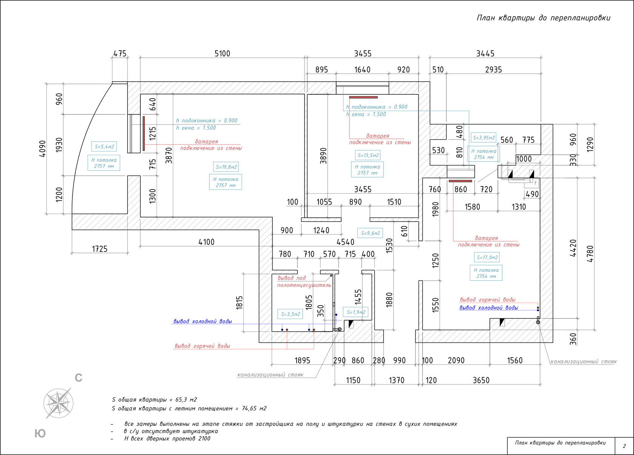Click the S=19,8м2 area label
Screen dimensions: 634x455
[226, 167]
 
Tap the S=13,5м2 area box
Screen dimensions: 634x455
[368, 156]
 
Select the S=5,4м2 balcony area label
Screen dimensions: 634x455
[104, 147]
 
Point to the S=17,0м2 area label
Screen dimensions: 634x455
[487, 258]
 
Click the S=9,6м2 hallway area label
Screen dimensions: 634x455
[370, 233]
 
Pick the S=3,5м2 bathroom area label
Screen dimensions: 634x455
[291, 314]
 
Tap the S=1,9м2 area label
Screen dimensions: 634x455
[356, 312]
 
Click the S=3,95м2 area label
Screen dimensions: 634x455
[484, 137]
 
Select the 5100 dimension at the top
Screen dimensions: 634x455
[222, 54]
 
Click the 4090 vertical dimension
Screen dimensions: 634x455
[42, 149]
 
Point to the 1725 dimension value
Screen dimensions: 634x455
[100, 249]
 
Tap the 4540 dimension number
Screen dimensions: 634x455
[345, 242]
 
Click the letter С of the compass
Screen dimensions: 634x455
[78, 378]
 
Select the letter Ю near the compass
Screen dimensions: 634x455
[40, 433]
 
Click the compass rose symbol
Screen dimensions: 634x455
[58, 403]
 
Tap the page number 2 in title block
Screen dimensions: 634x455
[624, 446]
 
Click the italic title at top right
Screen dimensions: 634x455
[543, 18]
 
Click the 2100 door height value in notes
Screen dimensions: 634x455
[204, 439]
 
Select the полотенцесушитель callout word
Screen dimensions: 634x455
[304, 285]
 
